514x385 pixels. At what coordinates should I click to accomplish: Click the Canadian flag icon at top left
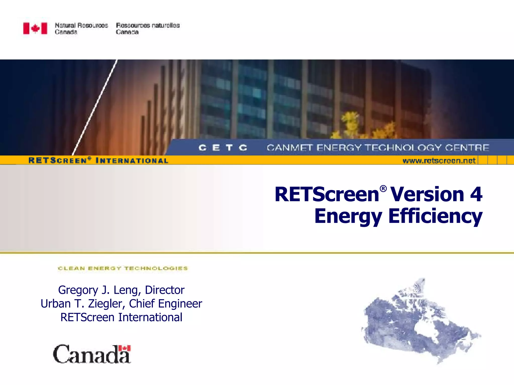[35, 28]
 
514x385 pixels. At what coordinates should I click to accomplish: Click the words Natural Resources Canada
[81, 29]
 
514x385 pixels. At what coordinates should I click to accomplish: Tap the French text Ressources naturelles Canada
[148, 29]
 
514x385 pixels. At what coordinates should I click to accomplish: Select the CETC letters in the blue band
[223, 148]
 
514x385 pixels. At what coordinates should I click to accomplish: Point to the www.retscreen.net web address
[439, 160]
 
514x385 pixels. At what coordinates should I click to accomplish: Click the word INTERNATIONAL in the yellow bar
[132, 161]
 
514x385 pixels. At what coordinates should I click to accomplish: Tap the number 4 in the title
[476, 194]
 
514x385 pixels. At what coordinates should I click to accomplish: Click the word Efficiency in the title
[435, 216]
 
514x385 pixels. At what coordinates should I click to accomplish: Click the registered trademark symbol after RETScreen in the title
[383, 188]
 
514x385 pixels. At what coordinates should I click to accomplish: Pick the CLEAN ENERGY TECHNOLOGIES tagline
[123, 268]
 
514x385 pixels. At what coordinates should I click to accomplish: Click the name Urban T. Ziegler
[83, 304]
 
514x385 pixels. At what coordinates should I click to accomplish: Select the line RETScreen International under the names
[121, 317]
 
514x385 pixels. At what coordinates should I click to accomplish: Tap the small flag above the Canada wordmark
[125, 348]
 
